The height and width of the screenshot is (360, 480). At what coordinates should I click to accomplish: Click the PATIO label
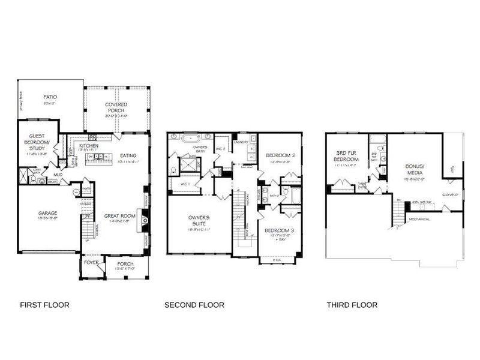pos(50,97)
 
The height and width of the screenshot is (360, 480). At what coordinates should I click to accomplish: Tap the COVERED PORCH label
pos(116,109)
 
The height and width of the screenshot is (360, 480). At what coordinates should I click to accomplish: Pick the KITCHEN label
pos(89,146)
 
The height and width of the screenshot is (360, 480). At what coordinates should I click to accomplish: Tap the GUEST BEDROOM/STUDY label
pos(37,141)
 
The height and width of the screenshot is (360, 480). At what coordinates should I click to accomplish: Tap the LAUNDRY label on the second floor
pos(241,142)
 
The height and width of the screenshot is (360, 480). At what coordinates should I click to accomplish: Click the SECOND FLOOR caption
pos(194,305)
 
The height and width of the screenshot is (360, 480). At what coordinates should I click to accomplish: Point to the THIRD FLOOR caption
pos(352,305)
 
